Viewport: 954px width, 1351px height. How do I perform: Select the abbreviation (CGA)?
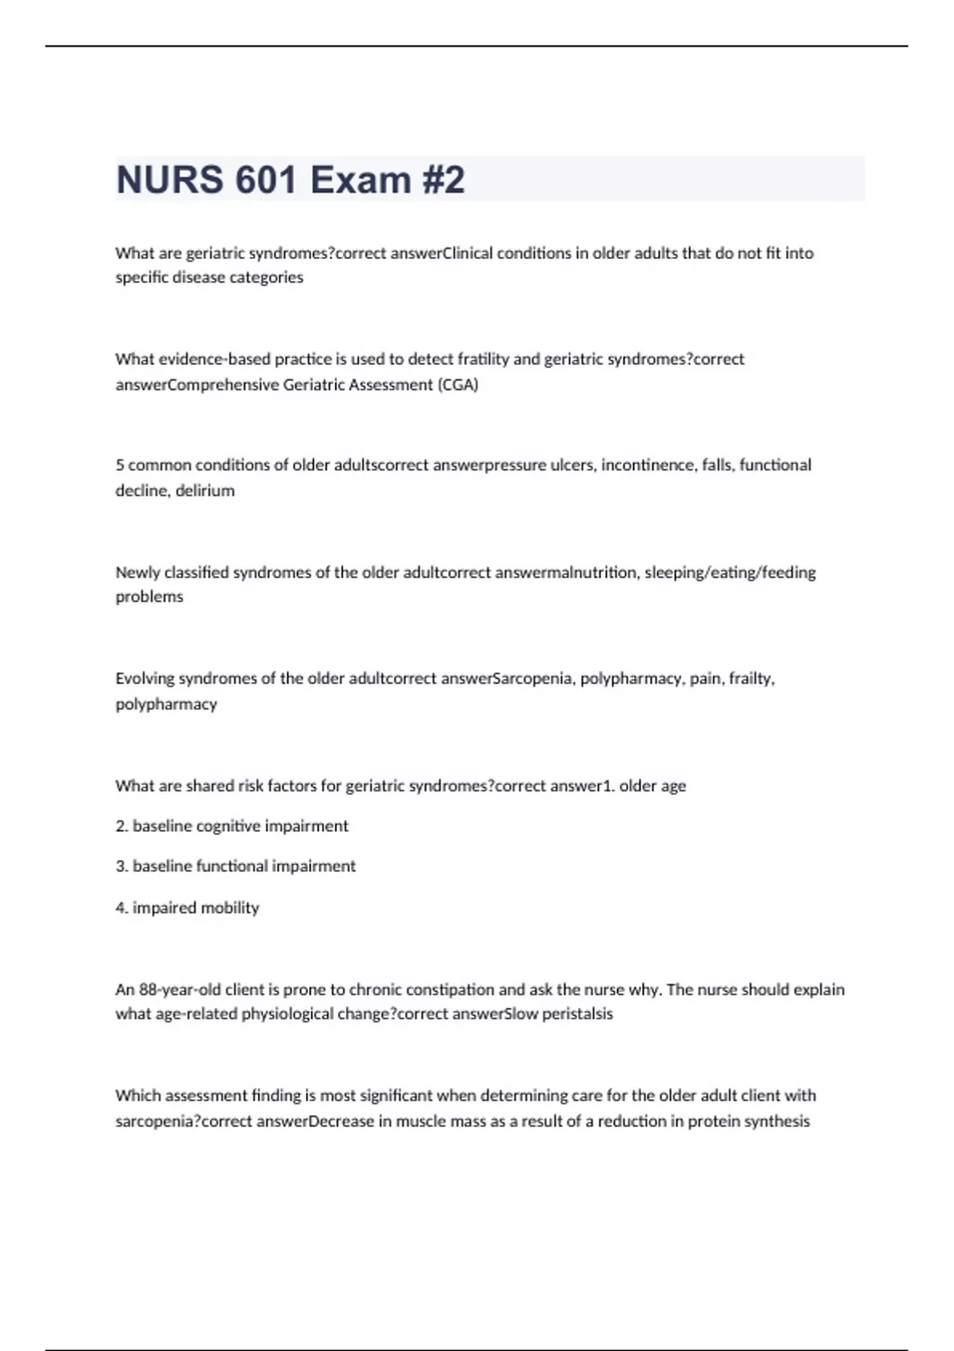point(458,385)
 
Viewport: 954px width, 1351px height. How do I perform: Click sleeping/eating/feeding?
point(730,572)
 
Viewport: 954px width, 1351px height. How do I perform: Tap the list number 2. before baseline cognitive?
point(122,826)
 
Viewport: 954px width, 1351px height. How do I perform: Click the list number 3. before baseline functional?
point(122,866)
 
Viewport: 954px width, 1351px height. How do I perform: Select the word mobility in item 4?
point(230,908)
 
